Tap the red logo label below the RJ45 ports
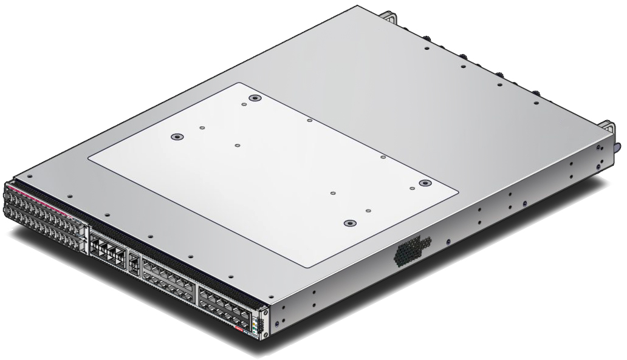(x=239, y=331)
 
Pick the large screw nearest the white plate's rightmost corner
(x=425, y=183)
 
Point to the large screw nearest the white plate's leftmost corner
(x=176, y=137)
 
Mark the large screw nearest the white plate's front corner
(x=349, y=223)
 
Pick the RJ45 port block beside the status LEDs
(x=223, y=304)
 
